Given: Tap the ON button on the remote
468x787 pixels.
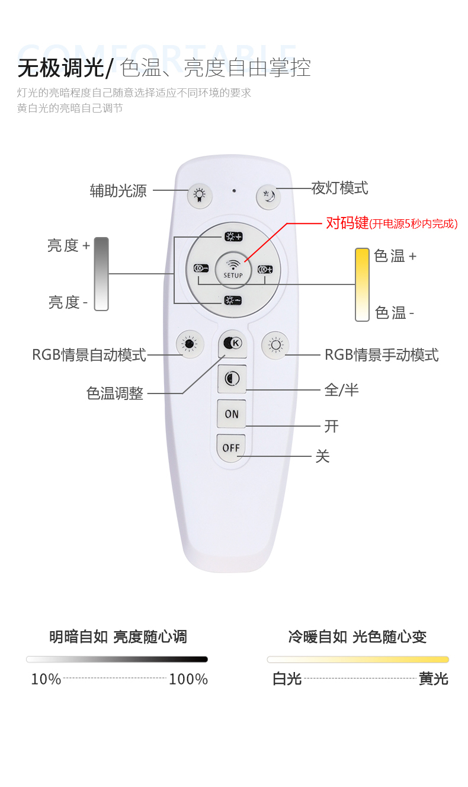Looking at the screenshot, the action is pyautogui.click(x=232, y=414).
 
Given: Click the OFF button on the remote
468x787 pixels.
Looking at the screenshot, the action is pyautogui.click(x=231, y=447).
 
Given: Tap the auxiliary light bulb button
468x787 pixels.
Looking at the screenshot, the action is pyautogui.click(x=200, y=195).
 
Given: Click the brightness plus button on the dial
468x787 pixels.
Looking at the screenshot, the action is pyautogui.click(x=234, y=236).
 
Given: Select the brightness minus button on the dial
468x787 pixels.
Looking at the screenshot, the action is pyautogui.click(x=233, y=300).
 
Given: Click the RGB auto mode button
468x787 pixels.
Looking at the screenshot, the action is pyautogui.click(x=190, y=344).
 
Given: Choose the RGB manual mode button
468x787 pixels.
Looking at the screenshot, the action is pyautogui.click(x=275, y=345).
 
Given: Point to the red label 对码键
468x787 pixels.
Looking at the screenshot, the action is pyautogui.click(x=347, y=223).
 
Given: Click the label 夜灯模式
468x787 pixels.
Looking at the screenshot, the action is pyautogui.click(x=339, y=188).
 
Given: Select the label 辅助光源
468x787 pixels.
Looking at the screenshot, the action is pyautogui.click(x=118, y=191).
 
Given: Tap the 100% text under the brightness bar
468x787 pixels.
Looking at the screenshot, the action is pyautogui.click(x=188, y=679).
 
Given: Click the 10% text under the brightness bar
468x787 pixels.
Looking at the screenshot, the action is pyautogui.click(x=46, y=679).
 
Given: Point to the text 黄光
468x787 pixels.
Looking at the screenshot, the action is pyautogui.click(x=434, y=679).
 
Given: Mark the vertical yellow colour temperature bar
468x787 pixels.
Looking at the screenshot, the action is pyautogui.click(x=362, y=284).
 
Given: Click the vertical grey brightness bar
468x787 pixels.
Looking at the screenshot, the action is pyautogui.click(x=101, y=274).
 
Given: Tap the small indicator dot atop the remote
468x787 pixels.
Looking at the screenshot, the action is pyautogui.click(x=234, y=191).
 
